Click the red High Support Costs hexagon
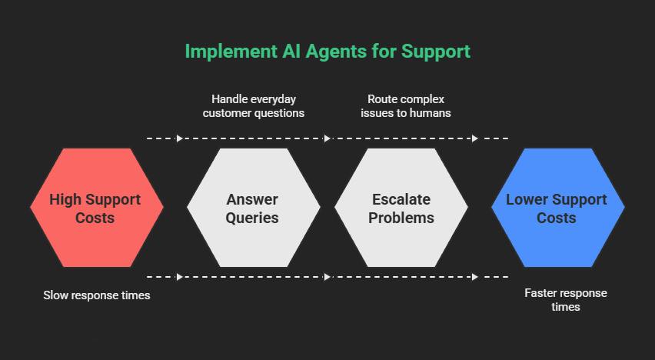pyautogui.click(x=96, y=208)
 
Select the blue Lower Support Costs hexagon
pyautogui.click(x=557, y=208)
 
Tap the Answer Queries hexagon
pyautogui.click(x=253, y=208)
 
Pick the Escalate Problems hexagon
pyautogui.click(x=401, y=208)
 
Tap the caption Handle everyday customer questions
pyautogui.click(x=253, y=106)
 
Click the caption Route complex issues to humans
pyautogui.click(x=405, y=106)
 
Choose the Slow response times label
pyautogui.click(x=96, y=295)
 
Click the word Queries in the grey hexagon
pyautogui.click(x=253, y=218)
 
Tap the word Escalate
pyautogui.click(x=401, y=200)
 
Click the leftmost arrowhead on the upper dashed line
pyautogui.click(x=180, y=138)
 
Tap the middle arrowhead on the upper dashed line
pyautogui.click(x=327, y=138)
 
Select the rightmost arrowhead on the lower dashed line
pyautogui.click(x=475, y=276)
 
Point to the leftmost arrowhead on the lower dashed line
pyautogui.click(x=180, y=276)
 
